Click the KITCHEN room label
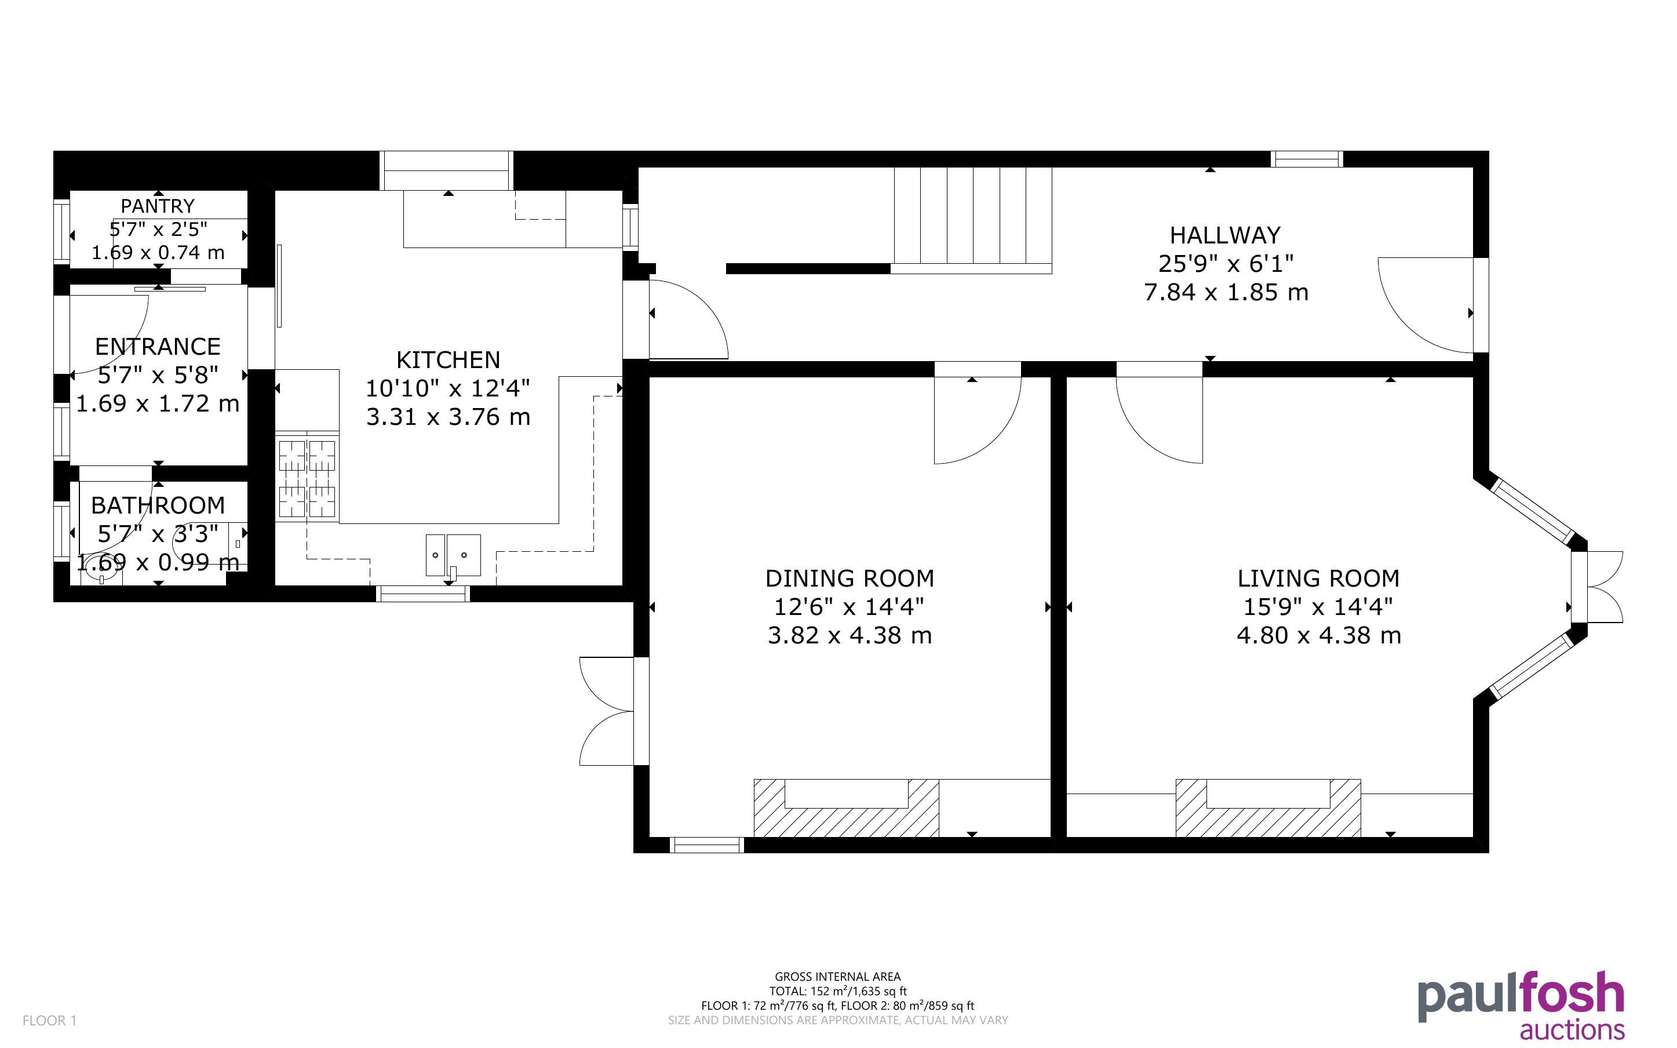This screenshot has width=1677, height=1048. pos(448,360)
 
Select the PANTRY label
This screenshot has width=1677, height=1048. pos(158,206)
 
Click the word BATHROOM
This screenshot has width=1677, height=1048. pos(158,505)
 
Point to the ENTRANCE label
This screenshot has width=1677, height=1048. pos(158,347)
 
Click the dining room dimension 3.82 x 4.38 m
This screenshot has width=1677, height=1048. pos(850,636)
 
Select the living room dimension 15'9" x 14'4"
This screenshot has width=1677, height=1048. pos(1318,607)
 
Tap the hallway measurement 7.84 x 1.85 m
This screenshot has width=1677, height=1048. pos(1226,293)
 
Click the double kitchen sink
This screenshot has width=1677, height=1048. pos(453,555)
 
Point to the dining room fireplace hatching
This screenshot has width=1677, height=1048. pos(846,808)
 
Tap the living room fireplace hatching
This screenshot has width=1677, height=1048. pos(1268,808)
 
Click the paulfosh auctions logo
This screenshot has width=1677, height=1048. pos(1521,1005)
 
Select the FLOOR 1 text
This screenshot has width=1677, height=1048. pos(49,1020)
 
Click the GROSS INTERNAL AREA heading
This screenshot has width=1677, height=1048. pos(837,977)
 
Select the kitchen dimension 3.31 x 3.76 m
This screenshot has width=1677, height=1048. pos(448,417)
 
